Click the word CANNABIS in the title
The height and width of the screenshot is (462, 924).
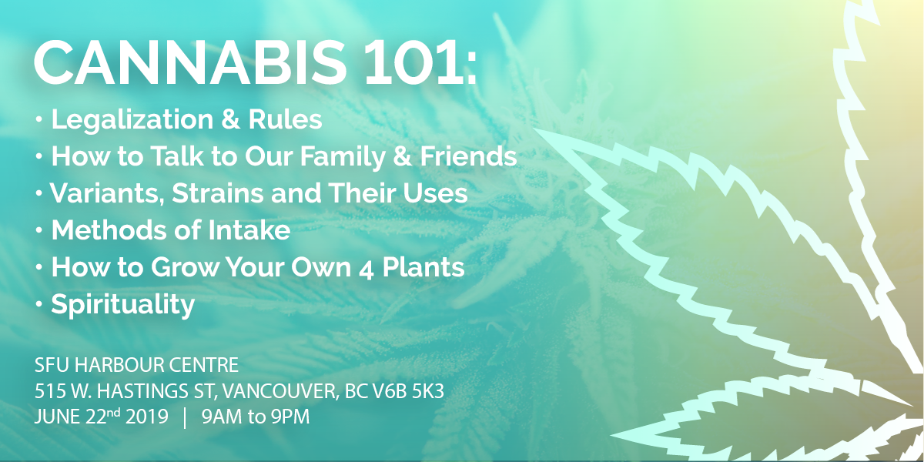point(190,62)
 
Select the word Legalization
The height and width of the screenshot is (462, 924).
point(132,119)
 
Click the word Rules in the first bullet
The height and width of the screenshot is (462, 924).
point(285,119)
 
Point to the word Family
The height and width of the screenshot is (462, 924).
point(343,157)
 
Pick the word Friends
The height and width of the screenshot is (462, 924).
point(468,156)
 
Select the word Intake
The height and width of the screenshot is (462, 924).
point(249,229)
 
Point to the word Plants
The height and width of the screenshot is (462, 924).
point(423,267)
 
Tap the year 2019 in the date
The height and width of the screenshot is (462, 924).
point(147,417)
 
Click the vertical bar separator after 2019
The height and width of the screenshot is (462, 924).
point(184,417)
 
